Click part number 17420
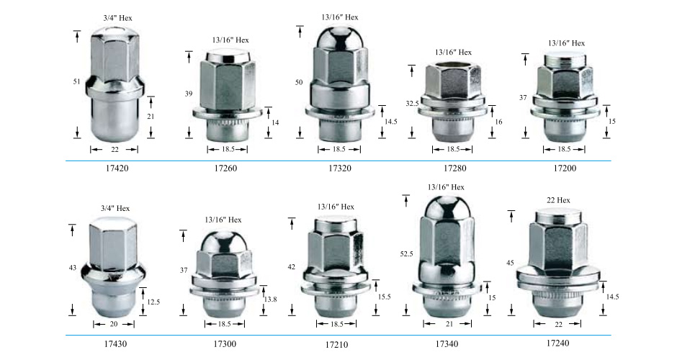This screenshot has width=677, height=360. [117, 168]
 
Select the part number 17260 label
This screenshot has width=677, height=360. [225, 168]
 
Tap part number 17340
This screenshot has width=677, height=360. [447, 344]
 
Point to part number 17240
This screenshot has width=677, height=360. [558, 343]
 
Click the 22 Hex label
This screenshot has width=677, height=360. [558, 200]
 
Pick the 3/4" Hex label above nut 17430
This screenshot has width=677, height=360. [115, 209]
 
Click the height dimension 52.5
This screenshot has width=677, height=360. [406, 254]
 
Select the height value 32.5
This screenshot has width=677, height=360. [413, 104]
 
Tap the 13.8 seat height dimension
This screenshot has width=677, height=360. [270, 299]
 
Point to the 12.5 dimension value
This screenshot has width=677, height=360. [153, 302]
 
